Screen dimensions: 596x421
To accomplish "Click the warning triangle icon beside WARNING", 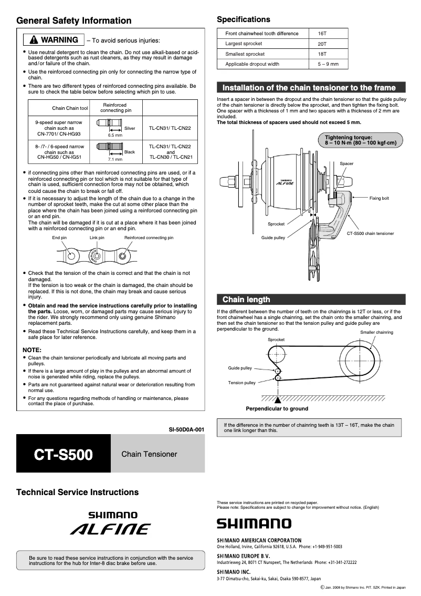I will point(34,40).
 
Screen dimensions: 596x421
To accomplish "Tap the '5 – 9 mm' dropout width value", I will point(328,64).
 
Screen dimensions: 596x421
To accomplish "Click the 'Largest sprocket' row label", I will point(244,44).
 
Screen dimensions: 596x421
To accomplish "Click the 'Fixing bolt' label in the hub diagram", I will point(379,198).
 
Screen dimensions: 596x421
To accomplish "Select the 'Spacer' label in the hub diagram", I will point(346,163).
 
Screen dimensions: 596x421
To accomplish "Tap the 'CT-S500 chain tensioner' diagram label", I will point(370,233).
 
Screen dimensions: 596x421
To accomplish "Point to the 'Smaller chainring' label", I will point(376,333).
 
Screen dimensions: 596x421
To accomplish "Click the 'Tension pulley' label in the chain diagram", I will point(241,383).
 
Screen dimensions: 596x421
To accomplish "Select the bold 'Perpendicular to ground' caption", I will point(277,408).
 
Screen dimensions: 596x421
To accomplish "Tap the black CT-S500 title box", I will point(64,454).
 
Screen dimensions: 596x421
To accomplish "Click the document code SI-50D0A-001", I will point(186,429).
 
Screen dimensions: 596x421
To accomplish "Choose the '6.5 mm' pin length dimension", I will point(115,135).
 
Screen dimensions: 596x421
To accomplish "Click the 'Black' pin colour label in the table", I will point(129,152).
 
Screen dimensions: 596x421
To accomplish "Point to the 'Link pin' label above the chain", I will point(97,238).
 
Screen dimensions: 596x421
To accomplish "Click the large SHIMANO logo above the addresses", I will point(254,523).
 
